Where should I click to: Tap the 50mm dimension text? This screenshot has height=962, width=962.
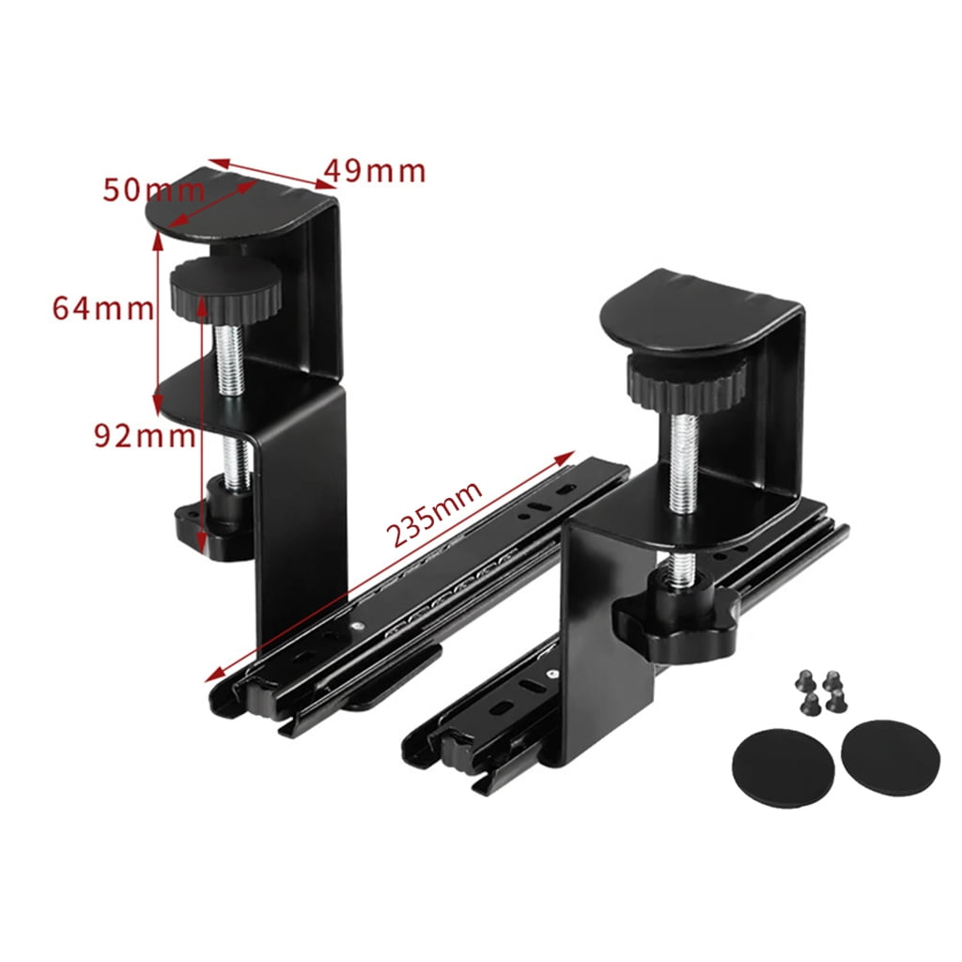pos(153,190)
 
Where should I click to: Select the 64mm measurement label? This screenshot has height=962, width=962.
pos(102,307)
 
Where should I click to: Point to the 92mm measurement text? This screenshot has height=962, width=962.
pos(144,435)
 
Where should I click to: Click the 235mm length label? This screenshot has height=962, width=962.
pos(434,516)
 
